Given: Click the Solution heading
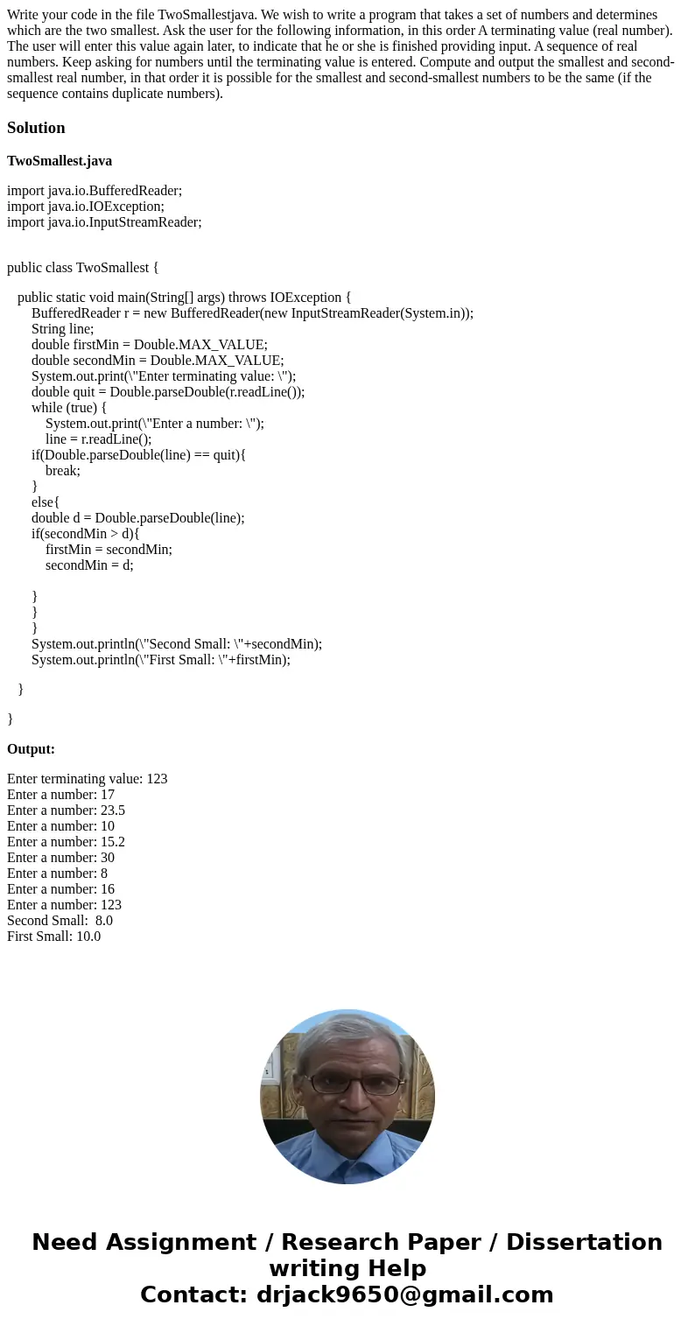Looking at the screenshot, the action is pyautogui.click(x=36, y=128).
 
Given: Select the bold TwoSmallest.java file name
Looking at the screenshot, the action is pyautogui.click(x=60, y=161).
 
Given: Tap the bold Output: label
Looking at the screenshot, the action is pyautogui.click(x=31, y=749).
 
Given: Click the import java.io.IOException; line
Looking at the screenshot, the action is pyautogui.click(x=86, y=207).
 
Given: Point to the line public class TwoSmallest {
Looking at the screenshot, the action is pyautogui.click(x=83, y=268).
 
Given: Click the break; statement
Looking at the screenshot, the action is pyautogui.click(x=63, y=471).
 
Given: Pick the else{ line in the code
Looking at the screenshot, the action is pyautogui.click(x=46, y=502).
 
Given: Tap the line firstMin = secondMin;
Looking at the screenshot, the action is pyautogui.click(x=109, y=550).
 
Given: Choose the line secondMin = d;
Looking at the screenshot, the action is pyautogui.click(x=89, y=565).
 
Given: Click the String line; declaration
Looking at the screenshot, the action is pyautogui.click(x=62, y=329).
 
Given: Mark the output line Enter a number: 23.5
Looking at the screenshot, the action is pyautogui.click(x=66, y=810).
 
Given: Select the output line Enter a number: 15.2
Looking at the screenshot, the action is pyautogui.click(x=66, y=842).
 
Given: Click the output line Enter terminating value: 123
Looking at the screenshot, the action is pyautogui.click(x=87, y=779).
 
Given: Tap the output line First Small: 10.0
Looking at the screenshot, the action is pyautogui.click(x=53, y=937).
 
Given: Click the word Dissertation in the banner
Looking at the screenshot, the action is pyautogui.click(x=584, y=1243).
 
